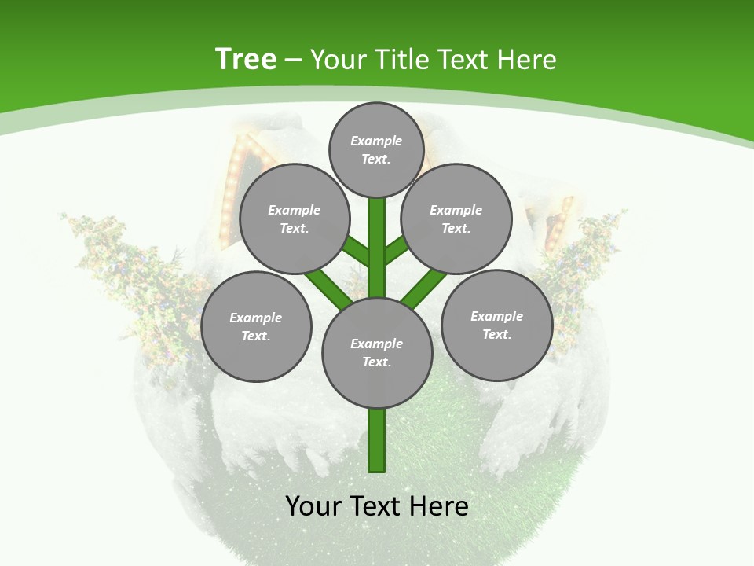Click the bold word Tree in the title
pyautogui.click(x=246, y=60)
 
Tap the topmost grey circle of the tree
pyautogui.click(x=376, y=149)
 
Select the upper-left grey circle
pyautogui.click(x=295, y=219)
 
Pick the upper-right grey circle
pyautogui.click(x=456, y=219)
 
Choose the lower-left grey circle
pyautogui.click(x=256, y=326)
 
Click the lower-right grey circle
pyautogui.click(x=496, y=325)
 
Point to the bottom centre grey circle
pyautogui.click(x=377, y=352)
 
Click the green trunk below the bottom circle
pyautogui.click(x=377, y=440)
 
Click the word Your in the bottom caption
pyautogui.click(x=313, y=506)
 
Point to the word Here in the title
pyautogui.click(x=526, y=60)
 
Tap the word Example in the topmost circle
pyautogui.click(x=376, y=141)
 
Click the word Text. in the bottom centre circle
pyautogui.click(x=376, y=362)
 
